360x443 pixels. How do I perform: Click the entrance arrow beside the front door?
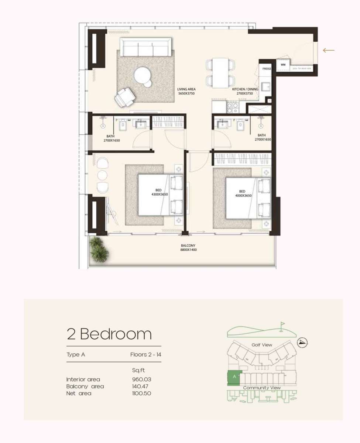point(329,50)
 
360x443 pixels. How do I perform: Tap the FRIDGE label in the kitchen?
point(267,69)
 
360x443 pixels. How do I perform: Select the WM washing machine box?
point(283,65)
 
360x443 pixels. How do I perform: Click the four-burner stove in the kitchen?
point(233,107)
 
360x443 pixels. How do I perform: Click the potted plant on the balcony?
point(99,250)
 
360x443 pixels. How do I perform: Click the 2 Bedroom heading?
point(109,334)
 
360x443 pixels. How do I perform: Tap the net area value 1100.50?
point(142,394)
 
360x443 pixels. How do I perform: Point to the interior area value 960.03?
point(142,379)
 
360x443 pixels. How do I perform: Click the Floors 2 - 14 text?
point(145,355)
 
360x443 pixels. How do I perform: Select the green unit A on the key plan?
point(234,377)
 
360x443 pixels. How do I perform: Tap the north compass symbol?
point(302,342)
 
